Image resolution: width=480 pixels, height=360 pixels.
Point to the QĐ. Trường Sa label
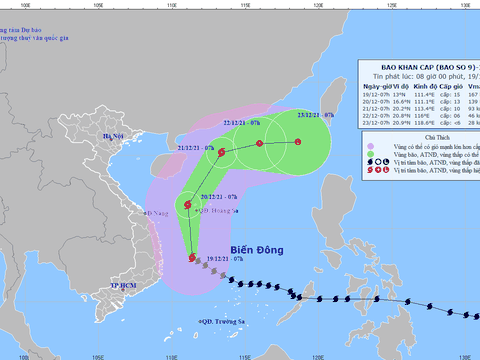[x=223, y=320]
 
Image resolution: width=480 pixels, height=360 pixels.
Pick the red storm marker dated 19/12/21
[x=193, y=258]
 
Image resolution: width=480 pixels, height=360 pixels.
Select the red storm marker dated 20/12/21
[x=187, y=206]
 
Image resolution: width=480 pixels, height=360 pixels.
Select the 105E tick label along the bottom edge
[x=97, y=354]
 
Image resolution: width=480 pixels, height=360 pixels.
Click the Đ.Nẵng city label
[x=153, y=212]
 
